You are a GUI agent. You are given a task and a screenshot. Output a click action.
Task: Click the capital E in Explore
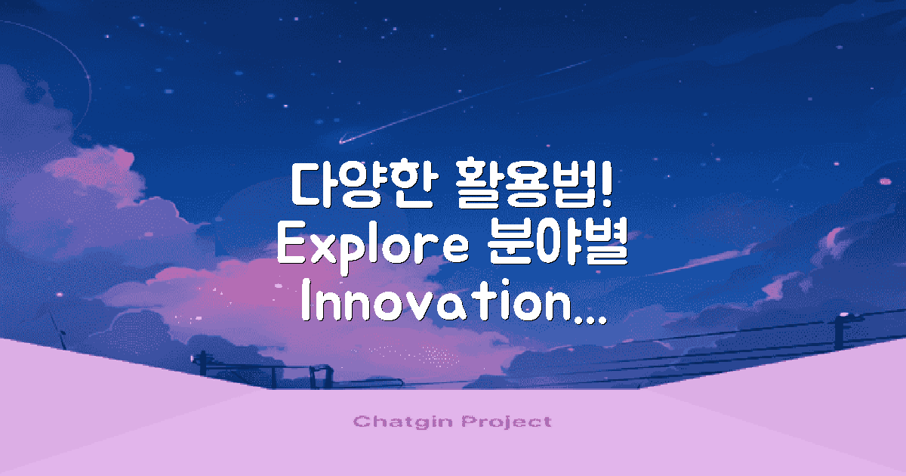[291, 246]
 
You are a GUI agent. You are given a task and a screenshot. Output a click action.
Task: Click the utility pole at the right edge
[838, 332]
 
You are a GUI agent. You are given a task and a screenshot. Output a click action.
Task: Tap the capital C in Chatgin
[359, 422]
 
